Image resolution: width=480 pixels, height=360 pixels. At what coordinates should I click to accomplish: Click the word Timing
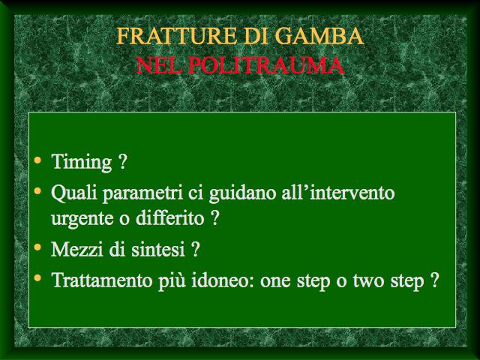(82, 162)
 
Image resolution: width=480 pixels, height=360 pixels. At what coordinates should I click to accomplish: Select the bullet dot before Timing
(37, 160)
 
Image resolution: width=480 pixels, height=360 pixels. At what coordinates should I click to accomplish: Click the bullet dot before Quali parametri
(37, 191)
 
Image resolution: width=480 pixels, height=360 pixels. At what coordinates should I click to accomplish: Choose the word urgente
(82, 219)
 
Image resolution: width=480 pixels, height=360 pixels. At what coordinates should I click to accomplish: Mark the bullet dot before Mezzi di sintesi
(37, 247)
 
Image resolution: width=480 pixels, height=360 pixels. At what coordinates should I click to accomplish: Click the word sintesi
(158, 249)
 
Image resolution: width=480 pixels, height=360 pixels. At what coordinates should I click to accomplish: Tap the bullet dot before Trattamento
(37, 278)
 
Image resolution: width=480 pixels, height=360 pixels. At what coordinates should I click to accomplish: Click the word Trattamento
(102, 280)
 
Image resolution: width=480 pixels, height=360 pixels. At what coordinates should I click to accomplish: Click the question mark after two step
(435, 280)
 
